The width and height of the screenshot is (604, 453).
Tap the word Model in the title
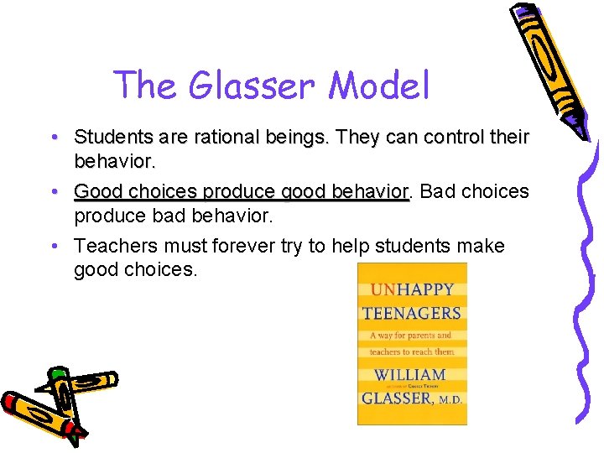click(x=379, y=86)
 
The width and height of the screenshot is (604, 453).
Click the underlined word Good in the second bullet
click(x=96, y=191)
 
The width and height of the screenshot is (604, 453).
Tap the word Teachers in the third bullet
click(x=109, y=247)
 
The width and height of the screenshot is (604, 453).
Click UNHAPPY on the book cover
click(x=412, y=289)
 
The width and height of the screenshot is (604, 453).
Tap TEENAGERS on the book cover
click(x=412, y=314)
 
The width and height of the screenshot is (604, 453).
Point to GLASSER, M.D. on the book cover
click(x=412, y=397)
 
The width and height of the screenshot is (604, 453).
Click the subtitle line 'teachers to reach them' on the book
click(x=411, y=352)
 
